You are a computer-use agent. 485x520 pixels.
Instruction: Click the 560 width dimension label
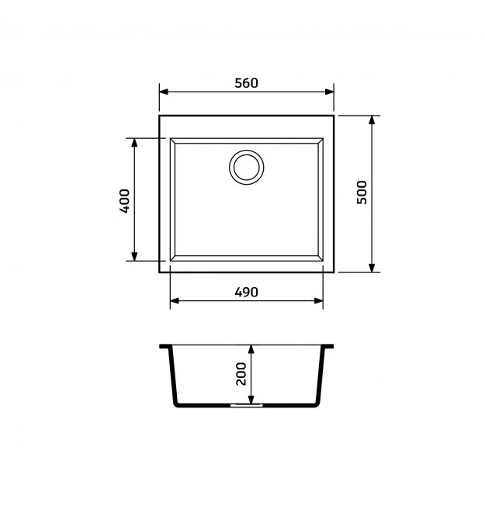pyautogui.click(x=246, y=83)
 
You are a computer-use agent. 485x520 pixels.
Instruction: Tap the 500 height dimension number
pyautogui.click(x=362, y=192)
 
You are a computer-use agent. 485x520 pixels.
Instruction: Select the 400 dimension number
pyautogui.click(x=124, y=201)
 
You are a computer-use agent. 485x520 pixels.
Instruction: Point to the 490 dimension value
pyautogui.click(x=246, y=292)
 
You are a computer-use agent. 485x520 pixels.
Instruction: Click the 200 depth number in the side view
pyautogui.click(x=241, y=373)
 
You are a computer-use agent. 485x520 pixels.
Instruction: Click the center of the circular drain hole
pyautogui.click(x=246, y=167)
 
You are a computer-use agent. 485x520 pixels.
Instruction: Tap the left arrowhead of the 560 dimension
pyautogui.click(x=164, y=92)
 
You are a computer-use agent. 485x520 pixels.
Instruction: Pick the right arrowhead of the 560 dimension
pyautogui.click(x=329, y=92)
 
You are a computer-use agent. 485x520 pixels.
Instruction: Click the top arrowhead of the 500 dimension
pyautogui.click(x=372, y=120)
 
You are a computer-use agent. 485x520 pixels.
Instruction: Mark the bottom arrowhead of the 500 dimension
pyautogui.click(x=372, y=268)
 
